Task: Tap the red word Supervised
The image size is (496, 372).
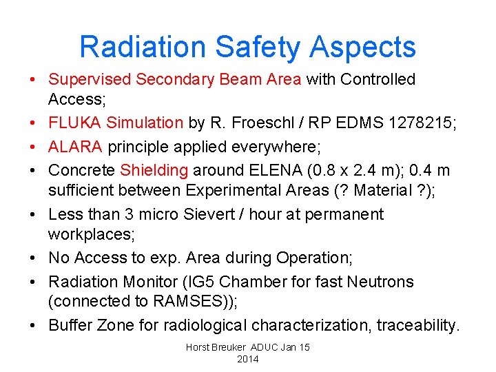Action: click(89, 79)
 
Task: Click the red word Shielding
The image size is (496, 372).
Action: click(154, 169)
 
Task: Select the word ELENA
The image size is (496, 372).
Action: click(285, 169)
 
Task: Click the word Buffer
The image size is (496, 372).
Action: click(70, 324)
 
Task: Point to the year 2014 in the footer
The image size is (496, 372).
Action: click(247, 359)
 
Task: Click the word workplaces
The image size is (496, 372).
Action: click(91, 234)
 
